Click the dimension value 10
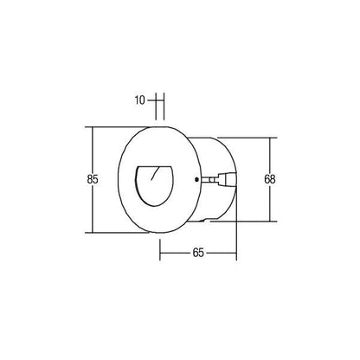[x=139, y=100]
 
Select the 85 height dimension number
[x=93, y=179]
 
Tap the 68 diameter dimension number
[x=270, y=179]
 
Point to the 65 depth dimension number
[x=198, y=253]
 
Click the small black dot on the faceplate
[x=196, y=179]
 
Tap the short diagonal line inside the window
[x=156, y=173]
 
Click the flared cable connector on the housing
[x=228, y=179]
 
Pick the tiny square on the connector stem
[x=212, y=180]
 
